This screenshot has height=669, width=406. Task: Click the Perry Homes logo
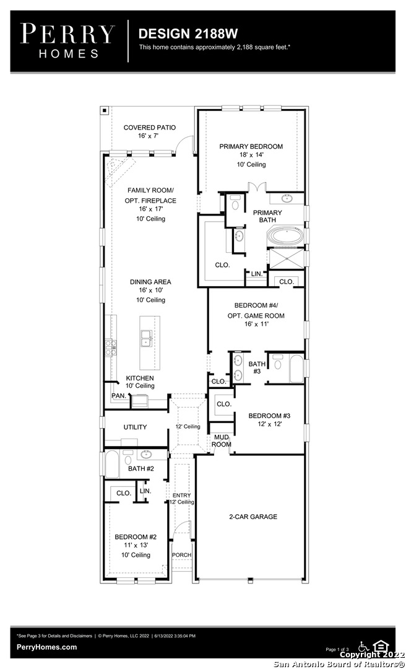point(68,41)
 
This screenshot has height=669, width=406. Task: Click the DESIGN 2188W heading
point(188,33)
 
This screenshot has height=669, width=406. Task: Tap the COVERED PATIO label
point(150,128)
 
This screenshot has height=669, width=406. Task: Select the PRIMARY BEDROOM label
point(251,146)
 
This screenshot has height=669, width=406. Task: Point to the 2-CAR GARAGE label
point(253,517)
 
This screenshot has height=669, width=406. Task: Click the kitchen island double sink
point(146,338)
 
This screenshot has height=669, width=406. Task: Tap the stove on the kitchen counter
point(109,347)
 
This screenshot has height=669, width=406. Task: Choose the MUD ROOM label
point(222,441)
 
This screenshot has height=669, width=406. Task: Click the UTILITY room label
point(135,427)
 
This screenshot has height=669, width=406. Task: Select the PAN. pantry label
point(119,396)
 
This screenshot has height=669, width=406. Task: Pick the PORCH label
point(182,554)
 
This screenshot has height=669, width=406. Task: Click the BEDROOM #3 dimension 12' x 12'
point(269,424)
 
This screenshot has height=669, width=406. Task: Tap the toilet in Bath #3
point(278,362)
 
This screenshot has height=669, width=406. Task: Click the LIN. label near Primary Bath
point(257,274)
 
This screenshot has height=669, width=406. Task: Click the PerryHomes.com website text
point(47,647)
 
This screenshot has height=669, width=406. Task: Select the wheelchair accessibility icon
point(364,645)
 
